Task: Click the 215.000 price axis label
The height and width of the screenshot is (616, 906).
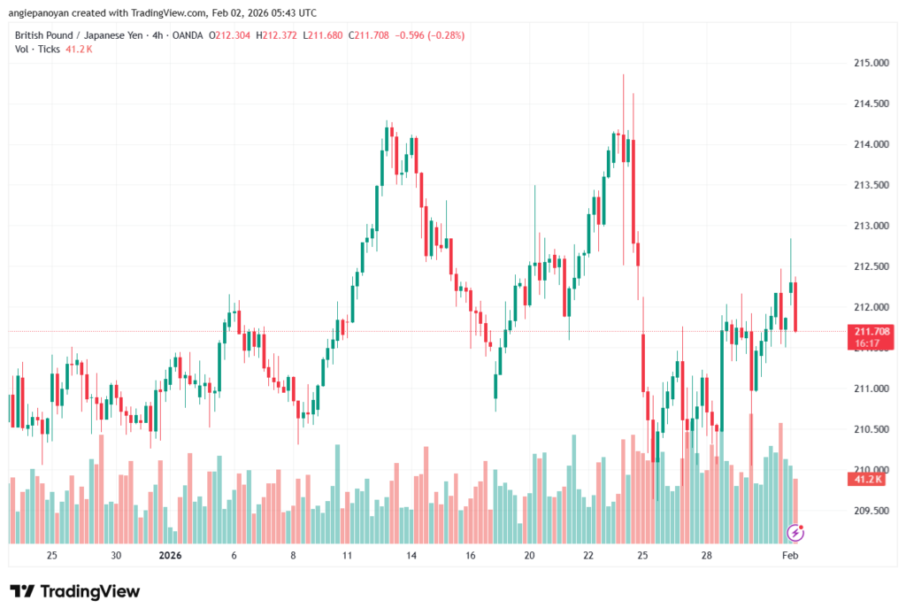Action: click(871, 63)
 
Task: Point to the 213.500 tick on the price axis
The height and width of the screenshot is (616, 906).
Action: click(871, 185)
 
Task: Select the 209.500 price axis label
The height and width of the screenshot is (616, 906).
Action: click(871, 511)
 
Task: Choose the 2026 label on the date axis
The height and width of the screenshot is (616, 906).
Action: click(169, 556)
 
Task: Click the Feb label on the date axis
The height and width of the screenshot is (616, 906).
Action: click(790, 556)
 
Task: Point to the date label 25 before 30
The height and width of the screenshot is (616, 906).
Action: click(52, 556)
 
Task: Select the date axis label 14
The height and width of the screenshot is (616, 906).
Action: click(411, 556)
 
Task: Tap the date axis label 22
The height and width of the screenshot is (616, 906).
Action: click(588, 556)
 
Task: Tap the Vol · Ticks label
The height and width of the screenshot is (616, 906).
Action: click(37, 49)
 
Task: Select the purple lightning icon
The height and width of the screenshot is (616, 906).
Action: click(795, 533)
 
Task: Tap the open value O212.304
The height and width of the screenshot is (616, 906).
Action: click(228, 35)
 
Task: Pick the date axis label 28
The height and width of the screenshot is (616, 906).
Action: click(707, 556)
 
